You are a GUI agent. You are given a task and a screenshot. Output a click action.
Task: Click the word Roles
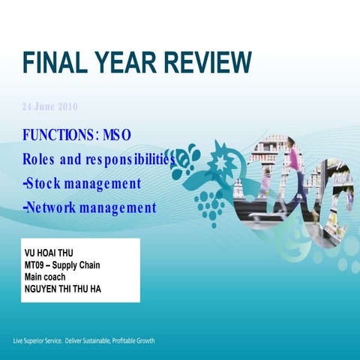(x=40, y=160)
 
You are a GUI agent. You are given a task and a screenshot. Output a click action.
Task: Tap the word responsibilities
(x=129, y=160)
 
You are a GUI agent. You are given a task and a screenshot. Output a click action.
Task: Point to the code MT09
(x=35, y=265)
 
